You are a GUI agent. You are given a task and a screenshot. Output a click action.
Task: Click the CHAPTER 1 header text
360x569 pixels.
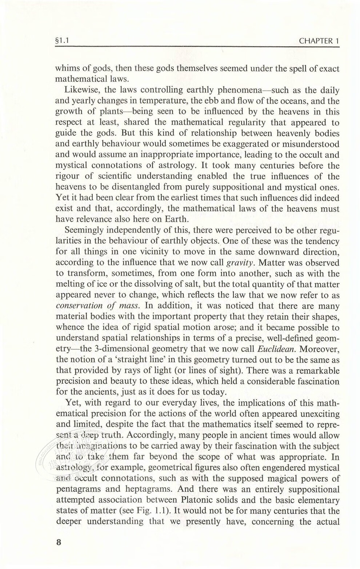pyautogui.click(x=319, y=41)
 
